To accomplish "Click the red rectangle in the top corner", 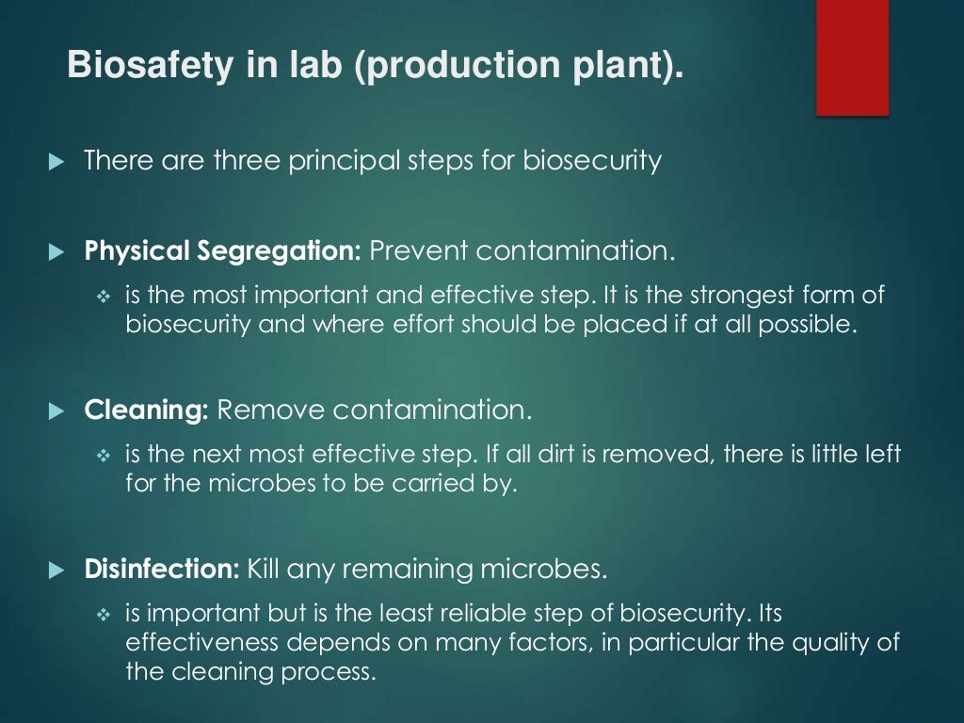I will [x=852, y=57].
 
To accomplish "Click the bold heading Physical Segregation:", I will [x=223, y=251].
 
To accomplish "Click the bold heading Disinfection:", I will [x=163, y=570].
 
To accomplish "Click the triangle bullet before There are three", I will [x=56, y=162].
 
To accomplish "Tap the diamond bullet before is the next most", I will [x=104, y=456].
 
